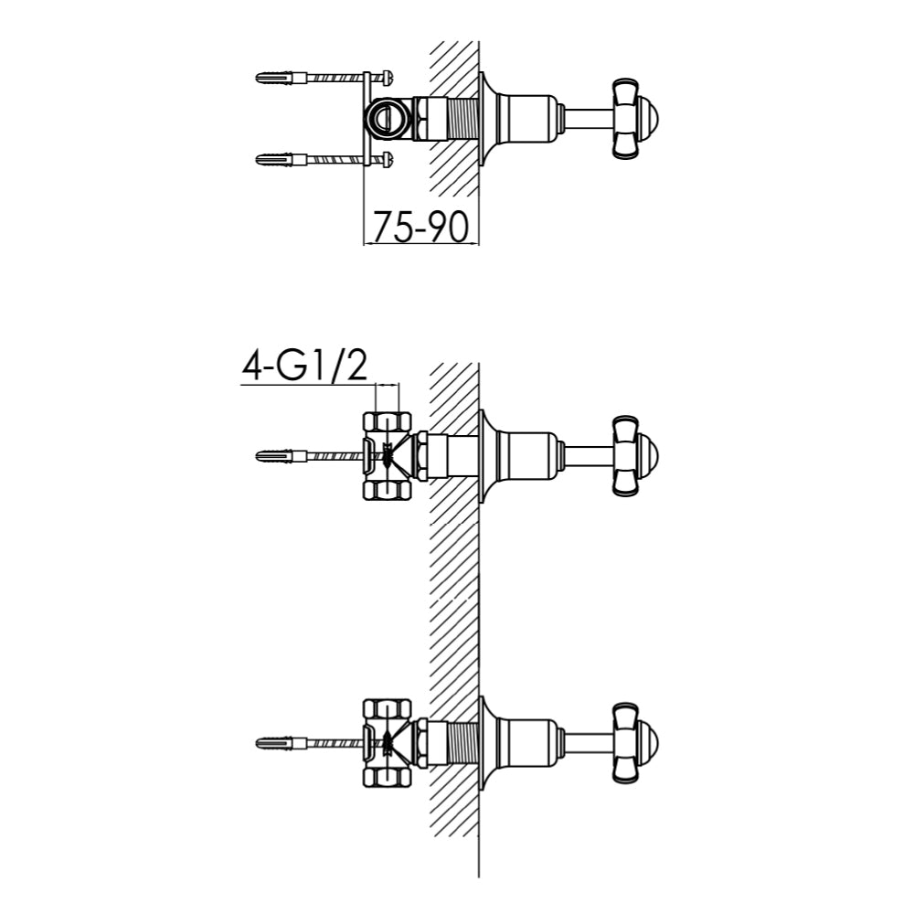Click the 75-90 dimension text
418,226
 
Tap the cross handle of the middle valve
629,455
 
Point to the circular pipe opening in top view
384,117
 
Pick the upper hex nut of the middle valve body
388,421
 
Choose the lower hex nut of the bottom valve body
388,776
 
